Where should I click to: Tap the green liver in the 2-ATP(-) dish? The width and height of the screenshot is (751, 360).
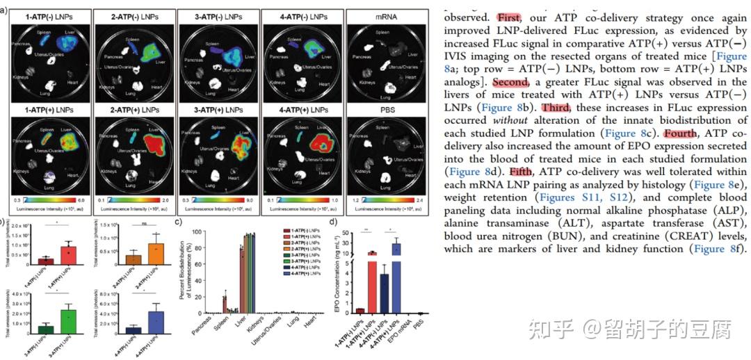pos(153,52)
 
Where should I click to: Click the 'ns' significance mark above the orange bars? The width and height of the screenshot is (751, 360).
pos(143,224)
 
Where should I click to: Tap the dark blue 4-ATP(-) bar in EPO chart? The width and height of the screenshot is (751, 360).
pos(384,288)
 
